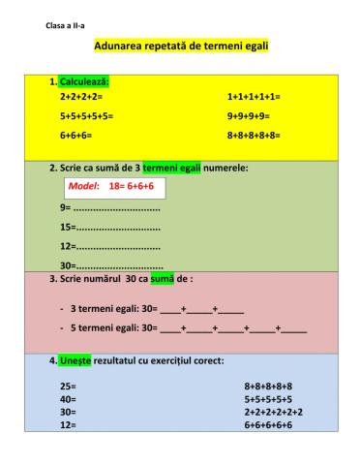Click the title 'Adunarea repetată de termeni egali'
[x=181, y=46]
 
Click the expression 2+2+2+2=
[x=80, y=98]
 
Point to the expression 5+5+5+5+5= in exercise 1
[x=86, y=116]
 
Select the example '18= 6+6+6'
[x=131, y=186]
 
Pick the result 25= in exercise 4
[x=67, y=386]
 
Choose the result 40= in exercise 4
[x=67, y=398]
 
